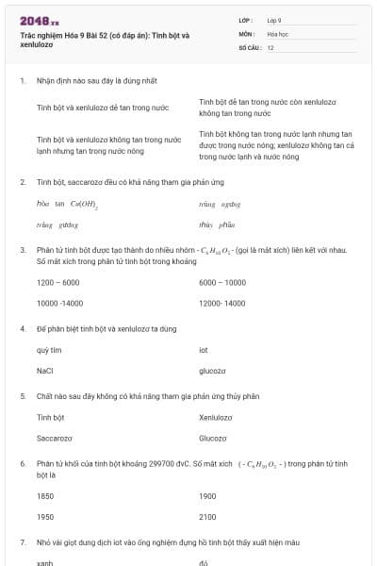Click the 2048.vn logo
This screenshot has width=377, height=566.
[39, 21]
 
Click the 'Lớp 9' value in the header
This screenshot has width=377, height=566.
[274, 19]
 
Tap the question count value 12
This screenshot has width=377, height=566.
[270, 47]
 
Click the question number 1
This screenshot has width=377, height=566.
[22, 81]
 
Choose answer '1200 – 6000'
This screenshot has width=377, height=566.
[57, 282]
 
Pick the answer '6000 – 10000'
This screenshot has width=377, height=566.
[222, 282]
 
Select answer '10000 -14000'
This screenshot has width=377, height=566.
[60, 303]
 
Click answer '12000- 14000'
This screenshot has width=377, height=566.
[222, 303]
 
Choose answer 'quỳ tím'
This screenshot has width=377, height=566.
[49, 350]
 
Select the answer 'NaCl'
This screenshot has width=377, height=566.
[44, 371]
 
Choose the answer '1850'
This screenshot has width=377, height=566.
[45, 495]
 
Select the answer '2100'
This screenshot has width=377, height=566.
[208, 517]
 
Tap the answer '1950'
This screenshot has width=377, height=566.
[45, 517]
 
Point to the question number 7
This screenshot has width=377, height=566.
[22, 542]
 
